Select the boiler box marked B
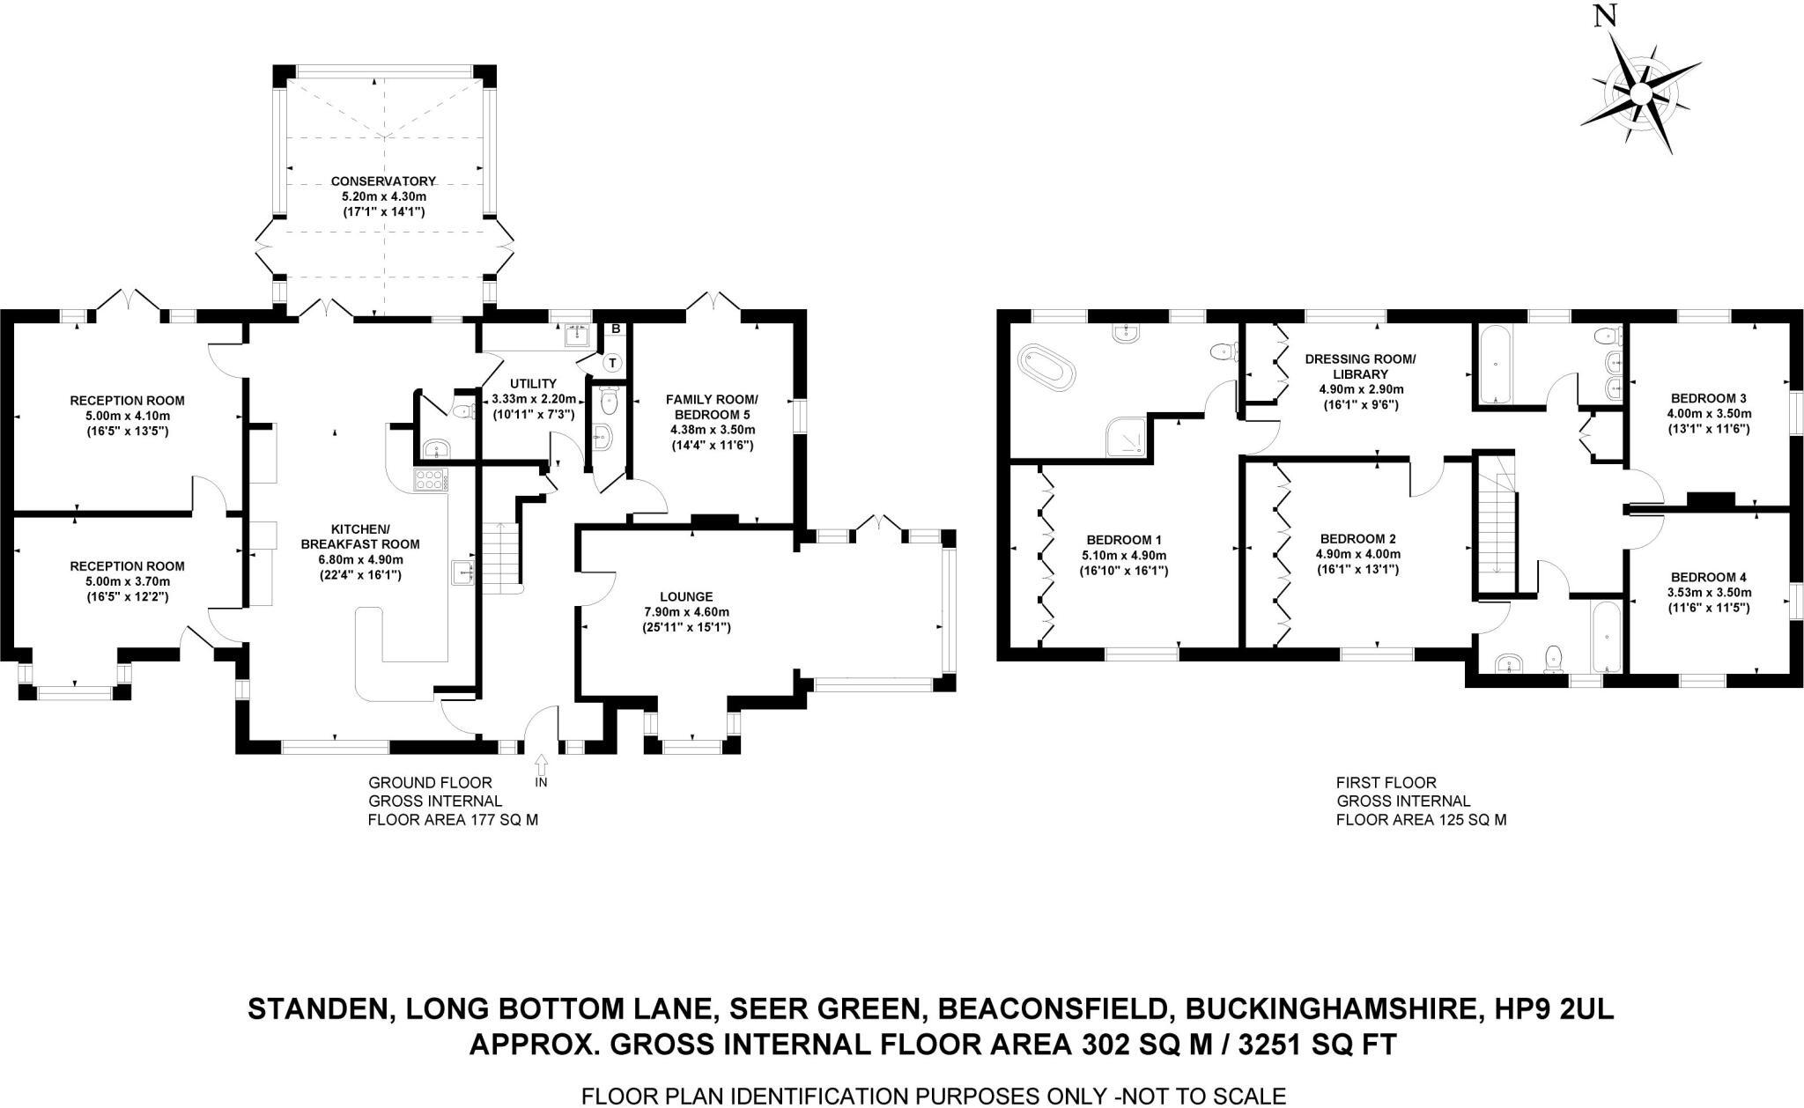tap(616, 329)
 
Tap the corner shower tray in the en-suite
tap(1128, 437)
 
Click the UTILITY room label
tap(533, 383)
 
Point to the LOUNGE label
tap(691, 596)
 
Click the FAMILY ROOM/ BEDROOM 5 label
tap(712, 406)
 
